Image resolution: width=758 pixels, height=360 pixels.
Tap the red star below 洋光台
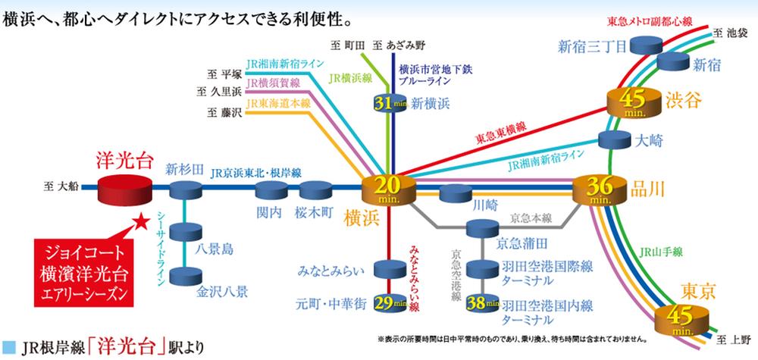pos(140,222)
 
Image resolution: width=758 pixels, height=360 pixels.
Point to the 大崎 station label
pos(653,140)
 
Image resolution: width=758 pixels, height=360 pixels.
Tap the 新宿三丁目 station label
pos(592,47)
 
